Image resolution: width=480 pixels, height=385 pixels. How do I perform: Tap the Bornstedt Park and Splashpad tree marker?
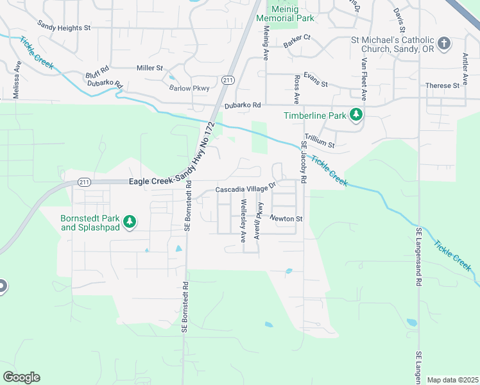click(130, 221)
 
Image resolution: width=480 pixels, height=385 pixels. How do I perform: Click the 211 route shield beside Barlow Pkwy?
click(228, 80)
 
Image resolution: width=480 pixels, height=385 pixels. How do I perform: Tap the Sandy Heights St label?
click(64, 28)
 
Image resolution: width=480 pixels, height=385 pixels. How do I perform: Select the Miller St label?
click(151, 68)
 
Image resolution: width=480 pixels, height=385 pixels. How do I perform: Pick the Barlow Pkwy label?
click(184, 89)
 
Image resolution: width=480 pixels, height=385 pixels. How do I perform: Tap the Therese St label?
click(442, 85)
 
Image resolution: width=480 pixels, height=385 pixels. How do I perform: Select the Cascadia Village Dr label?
click(244, 190)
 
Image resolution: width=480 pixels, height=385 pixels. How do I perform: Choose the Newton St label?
click(286, 219)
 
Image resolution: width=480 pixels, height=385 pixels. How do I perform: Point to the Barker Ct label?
click(296, 38)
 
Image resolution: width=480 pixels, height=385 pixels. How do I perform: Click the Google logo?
click(21, 377)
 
